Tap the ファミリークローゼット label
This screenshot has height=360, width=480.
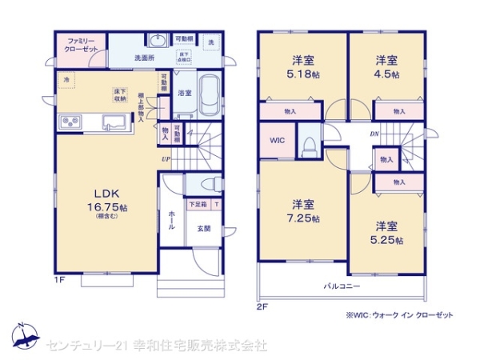coord(82,45)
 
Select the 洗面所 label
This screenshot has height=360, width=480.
coord(144,58)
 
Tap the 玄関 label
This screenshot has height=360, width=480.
coord(204,228)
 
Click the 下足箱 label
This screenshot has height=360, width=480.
coord(197,205)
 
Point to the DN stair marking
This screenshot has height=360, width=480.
coord(374,134)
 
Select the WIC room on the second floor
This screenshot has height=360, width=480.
coord(275,141)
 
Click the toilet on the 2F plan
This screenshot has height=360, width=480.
coord(309,145)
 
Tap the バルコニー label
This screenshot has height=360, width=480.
coord(342,285)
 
